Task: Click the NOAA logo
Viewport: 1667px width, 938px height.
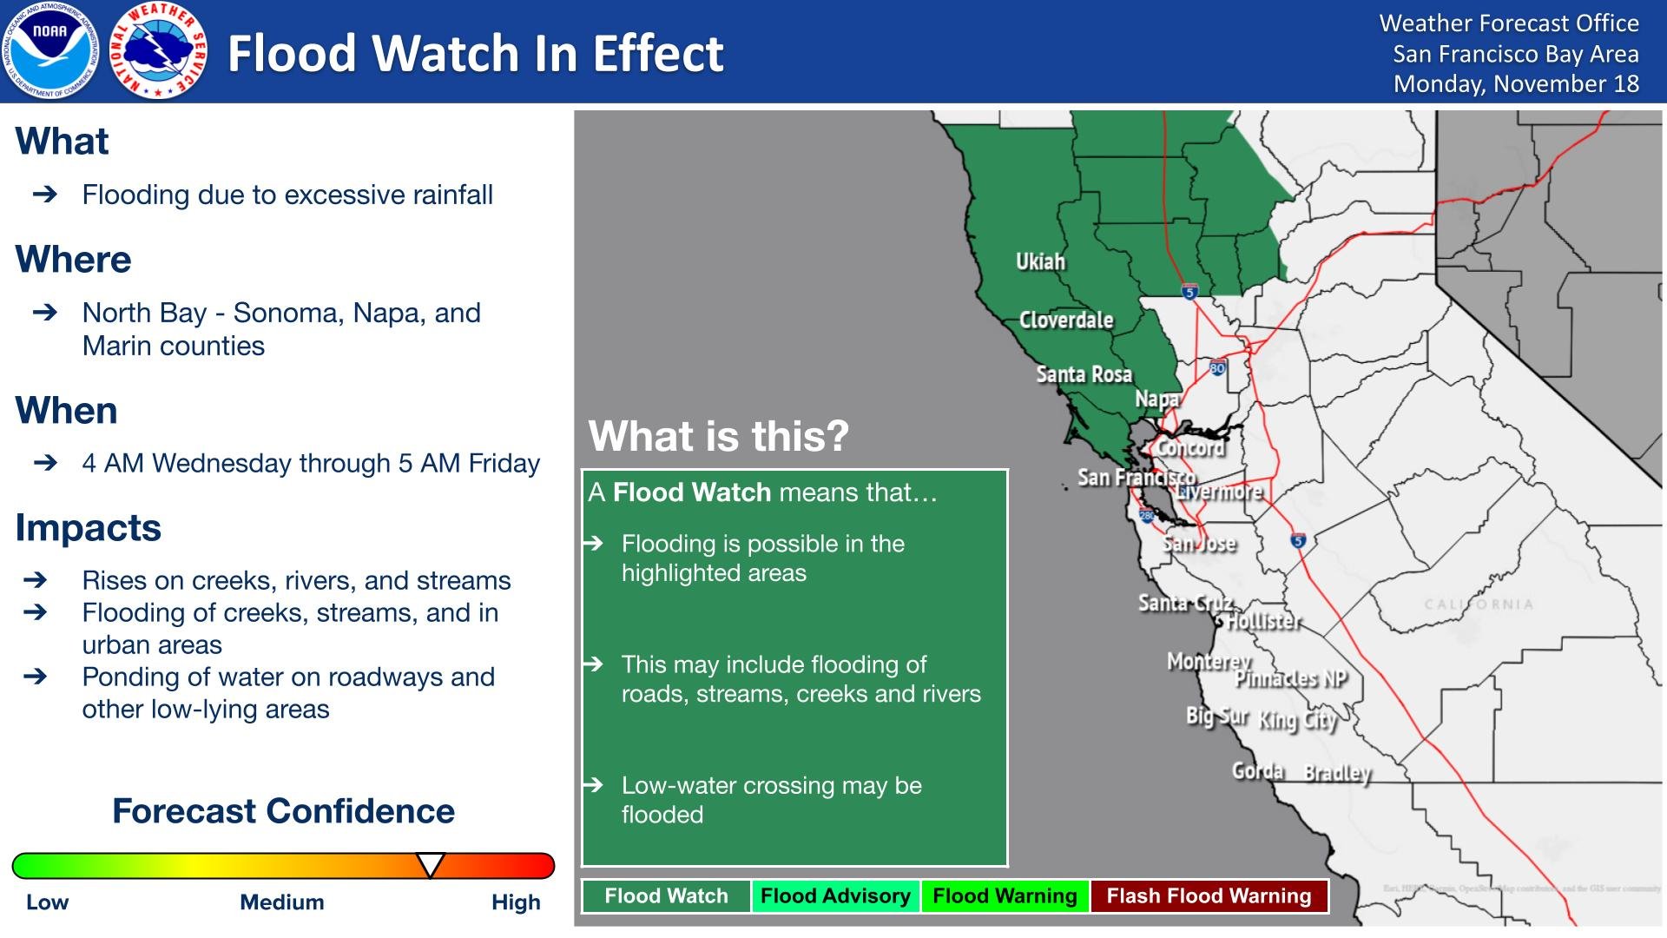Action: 49,50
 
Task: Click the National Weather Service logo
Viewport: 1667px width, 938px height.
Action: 159,50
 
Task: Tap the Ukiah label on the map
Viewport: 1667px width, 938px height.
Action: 1040,261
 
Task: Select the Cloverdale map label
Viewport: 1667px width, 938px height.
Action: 1066,320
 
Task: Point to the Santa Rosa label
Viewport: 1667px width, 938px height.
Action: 1084,374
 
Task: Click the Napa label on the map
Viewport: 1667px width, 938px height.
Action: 1157,399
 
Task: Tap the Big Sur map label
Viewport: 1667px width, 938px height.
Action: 1216,717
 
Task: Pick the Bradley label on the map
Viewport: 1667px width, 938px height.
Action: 1338,772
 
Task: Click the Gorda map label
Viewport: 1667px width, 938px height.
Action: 1258,770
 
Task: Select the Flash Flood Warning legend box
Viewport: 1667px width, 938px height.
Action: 1209,896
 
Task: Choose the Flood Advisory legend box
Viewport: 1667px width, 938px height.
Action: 835,896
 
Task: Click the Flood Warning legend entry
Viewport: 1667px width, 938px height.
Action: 1005,896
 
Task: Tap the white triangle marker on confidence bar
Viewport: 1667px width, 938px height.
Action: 431,864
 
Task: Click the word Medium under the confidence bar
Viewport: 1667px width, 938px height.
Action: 282,902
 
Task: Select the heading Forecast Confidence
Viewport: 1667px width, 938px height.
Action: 283,811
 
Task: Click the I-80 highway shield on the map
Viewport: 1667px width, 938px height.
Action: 1217,368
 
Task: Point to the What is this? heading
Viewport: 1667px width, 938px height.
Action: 718,436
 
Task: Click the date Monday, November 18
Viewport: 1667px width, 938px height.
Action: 1516,83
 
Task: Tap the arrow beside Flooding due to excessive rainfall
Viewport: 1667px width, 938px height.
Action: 45,195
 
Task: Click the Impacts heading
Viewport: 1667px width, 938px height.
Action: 89,528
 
